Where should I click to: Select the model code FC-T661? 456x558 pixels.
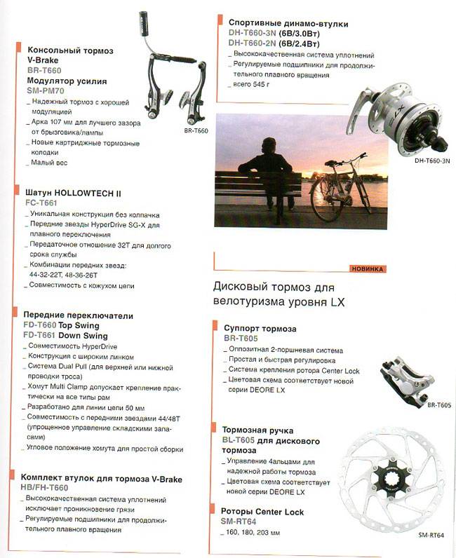pos(41,203)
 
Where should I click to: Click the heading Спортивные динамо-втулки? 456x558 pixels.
pos(279,24)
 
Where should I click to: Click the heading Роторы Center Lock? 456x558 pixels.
pos(263,512)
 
